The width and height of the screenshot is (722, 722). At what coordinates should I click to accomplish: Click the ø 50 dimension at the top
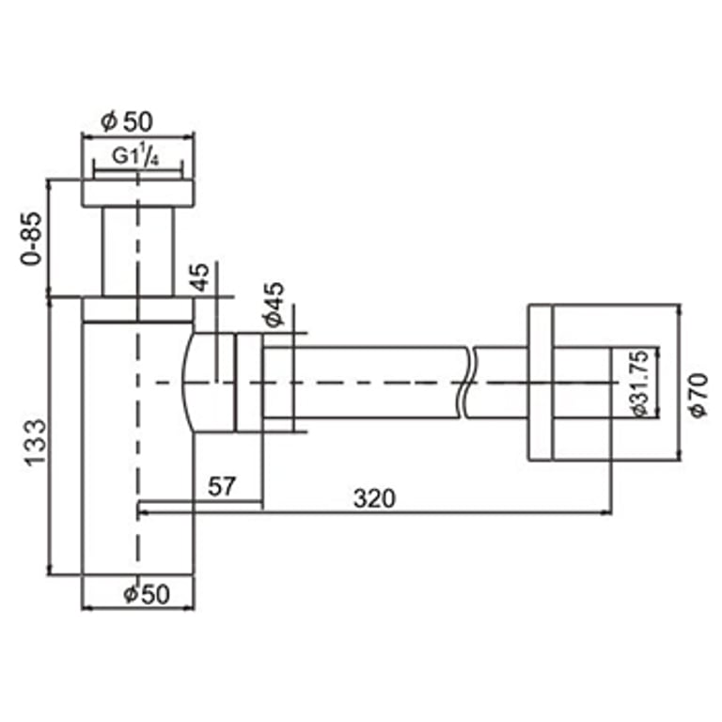coord(126,121)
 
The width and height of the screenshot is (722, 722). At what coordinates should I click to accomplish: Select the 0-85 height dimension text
coord(30,241)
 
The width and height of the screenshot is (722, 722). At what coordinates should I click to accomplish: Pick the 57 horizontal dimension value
coord(222,488)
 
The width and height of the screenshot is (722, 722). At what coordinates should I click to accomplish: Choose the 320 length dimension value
coord(374,498)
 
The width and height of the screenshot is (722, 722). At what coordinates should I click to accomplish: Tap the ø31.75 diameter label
coord(637,384)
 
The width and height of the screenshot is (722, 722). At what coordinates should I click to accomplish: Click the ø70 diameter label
coord(698,395)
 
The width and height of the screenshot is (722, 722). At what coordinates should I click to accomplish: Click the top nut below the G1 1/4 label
coord(137,193)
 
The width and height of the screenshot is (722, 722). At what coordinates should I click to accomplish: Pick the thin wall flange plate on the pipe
coord(540,383)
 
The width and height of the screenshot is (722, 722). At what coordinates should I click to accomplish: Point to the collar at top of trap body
coord(137,310)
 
